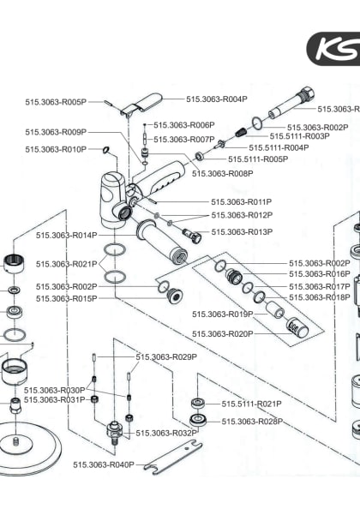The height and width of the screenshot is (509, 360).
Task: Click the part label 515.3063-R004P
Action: click(217, 99)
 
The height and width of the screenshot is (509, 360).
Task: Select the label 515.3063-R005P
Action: click(56, 102)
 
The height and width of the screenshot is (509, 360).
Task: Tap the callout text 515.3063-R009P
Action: click(56, 132)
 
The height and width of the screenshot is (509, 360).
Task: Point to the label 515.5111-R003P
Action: click(300, 136)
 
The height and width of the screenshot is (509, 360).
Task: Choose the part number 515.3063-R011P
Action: click(242, 202)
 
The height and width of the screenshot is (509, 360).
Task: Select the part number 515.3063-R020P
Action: click(223, 333)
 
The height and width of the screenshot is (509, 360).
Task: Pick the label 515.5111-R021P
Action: click(252, 404)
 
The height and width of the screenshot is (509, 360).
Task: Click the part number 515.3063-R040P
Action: click(104, 464)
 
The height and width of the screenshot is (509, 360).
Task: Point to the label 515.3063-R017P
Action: click(319, 286)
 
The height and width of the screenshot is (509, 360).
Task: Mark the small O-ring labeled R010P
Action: click(105, 149)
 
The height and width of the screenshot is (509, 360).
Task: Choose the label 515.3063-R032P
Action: click(166, 433)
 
